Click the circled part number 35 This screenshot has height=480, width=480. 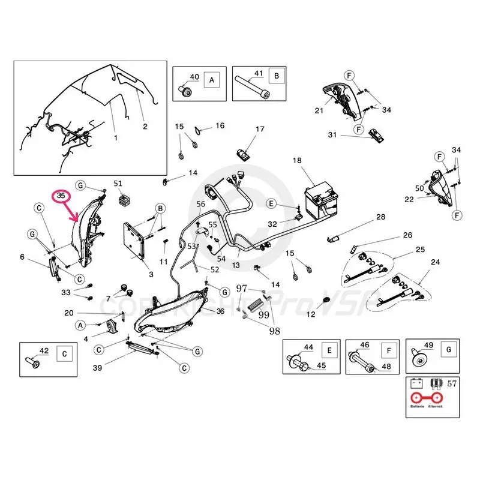[x=61, y=195]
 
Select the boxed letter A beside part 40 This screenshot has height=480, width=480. [x=212, y=79]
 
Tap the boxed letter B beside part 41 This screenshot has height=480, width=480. [x=276, y=76]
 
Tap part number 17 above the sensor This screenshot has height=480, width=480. [x=260, y=130]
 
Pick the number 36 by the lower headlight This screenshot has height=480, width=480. [x=220, y=311]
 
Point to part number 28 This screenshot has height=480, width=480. [x=380, y=216]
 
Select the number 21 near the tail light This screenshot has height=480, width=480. [x=319, y=110]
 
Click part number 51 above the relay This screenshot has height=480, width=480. [x=118, y=183]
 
